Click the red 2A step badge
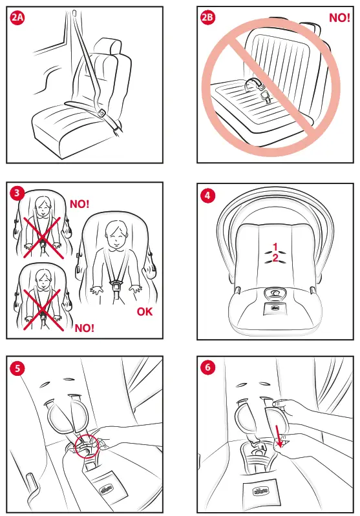[18, 19]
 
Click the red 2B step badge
[208, 19]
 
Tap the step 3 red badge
[17, 193]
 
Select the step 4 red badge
[207, 194]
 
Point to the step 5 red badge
[17, 368]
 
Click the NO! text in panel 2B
[339, 18]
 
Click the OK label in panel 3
[145, 313]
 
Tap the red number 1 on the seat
[275, 247]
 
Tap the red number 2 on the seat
[275, 258]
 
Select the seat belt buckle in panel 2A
[102, 114]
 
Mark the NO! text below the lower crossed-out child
[84, 328]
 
